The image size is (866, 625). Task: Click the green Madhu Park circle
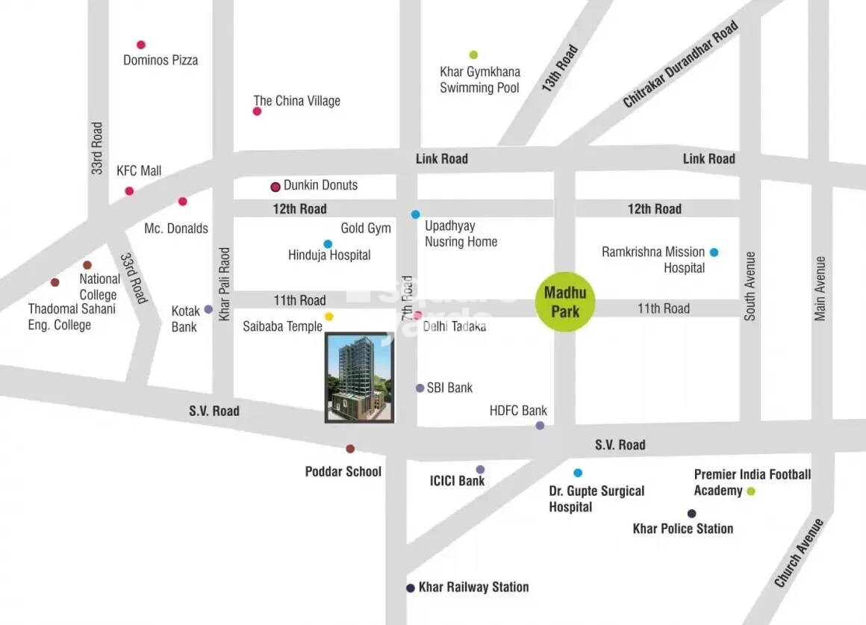565,302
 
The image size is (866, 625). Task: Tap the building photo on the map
359,378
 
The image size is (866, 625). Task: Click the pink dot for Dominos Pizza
141,45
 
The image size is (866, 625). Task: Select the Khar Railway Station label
473,587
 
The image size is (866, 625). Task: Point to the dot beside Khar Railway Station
410,588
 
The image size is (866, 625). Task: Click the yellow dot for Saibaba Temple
329,317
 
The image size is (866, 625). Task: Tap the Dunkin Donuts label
320,185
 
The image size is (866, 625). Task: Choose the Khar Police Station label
682,529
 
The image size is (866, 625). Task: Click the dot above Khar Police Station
691,513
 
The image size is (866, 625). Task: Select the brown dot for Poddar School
350,449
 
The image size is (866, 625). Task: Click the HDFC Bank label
518,411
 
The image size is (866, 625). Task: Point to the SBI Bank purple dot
420,388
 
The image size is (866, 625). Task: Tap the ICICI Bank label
456,481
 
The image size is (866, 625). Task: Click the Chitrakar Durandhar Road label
680,64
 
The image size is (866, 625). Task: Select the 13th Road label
560,69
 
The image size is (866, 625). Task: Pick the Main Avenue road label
820,289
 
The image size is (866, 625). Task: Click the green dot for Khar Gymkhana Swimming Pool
473,55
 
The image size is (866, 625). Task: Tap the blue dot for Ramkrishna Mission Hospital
714,252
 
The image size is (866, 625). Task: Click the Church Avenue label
799,553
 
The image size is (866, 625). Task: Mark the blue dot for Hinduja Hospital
328,243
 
